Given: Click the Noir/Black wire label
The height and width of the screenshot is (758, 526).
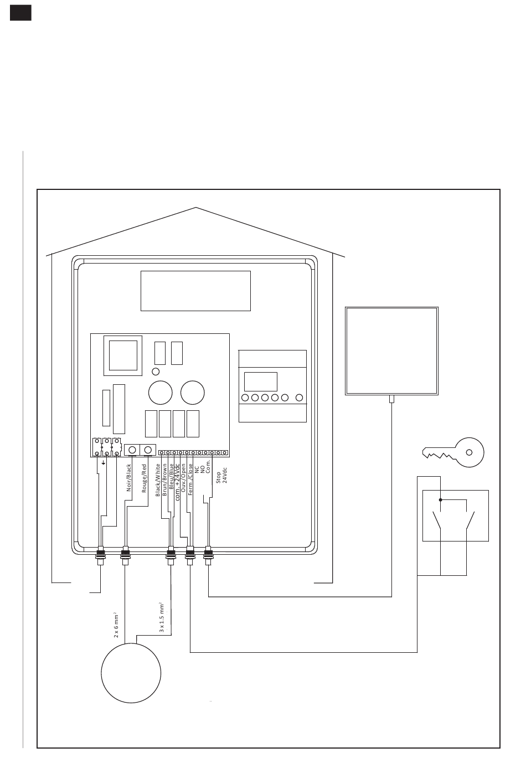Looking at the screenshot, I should coord(129,477).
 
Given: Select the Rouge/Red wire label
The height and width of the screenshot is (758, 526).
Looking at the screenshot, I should coord(144,478).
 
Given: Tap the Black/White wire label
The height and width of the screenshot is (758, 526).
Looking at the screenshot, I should coord(158,479).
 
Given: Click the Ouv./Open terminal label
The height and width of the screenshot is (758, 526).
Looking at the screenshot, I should coord(184,478).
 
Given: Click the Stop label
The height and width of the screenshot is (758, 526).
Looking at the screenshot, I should coord(219,477).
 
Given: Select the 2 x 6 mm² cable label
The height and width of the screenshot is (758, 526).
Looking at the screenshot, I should coord(116,625).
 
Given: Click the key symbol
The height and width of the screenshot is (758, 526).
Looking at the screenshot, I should coord(453,452).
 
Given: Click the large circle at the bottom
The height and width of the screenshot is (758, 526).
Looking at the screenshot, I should coord(131,673).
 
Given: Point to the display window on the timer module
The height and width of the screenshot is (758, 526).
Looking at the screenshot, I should coord(261,381).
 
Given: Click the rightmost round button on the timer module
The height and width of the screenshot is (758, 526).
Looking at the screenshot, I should coord(300,398).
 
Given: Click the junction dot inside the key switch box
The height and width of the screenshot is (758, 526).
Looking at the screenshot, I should coord(441,500).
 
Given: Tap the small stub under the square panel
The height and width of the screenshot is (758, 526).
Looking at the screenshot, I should coord(391,399).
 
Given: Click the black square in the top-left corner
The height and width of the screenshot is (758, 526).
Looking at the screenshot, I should coord(20,13).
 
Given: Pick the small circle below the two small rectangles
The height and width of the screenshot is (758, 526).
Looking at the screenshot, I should coord(156,371).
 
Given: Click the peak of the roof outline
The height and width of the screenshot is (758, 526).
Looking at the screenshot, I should coord(196,208).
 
